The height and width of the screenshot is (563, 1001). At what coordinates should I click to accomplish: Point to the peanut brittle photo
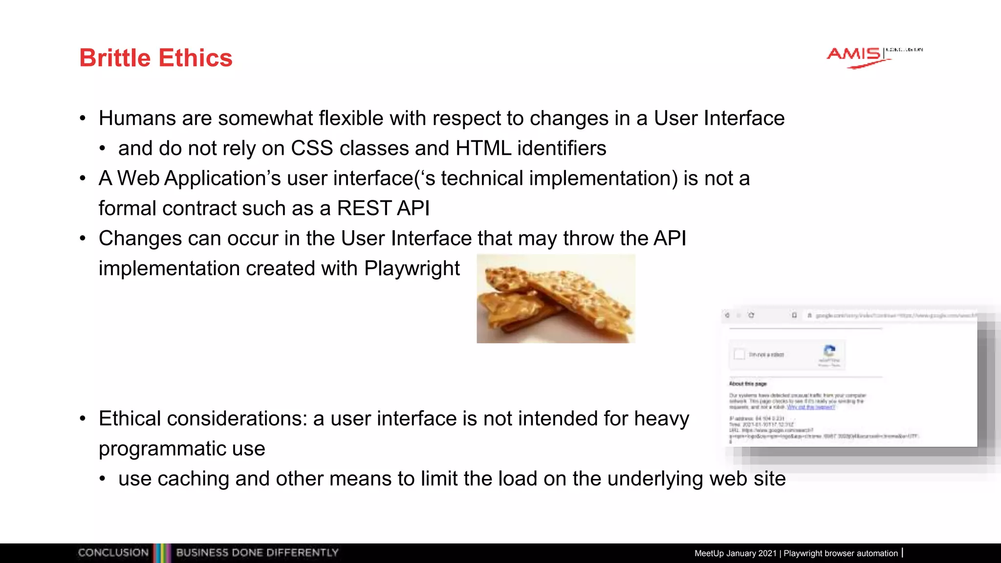pyautogui.click(x=556, y=299)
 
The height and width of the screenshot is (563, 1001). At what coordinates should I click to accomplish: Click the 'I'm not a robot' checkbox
pyautogui.click(x=740, y=354)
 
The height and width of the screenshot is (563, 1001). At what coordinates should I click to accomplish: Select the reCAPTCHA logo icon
pyautogui.click(x=829, y=351)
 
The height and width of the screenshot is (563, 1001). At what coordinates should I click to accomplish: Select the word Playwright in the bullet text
pyautogui.click(x=412, y=269)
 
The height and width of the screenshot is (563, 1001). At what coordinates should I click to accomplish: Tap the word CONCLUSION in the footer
pyautogui.click(x=113, y=553)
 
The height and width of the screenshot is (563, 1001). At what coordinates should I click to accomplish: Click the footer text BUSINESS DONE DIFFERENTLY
pyautogui.click(x=257, y=553)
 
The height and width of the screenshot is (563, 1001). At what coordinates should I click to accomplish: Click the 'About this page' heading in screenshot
pyautogui.click(x=748, y=384)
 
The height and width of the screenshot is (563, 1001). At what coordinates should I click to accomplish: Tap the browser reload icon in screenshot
pyautogui.click(x=751, y=315)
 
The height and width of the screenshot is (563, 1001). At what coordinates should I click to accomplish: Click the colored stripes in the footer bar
pyautogui.click(x=162, y=553)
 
